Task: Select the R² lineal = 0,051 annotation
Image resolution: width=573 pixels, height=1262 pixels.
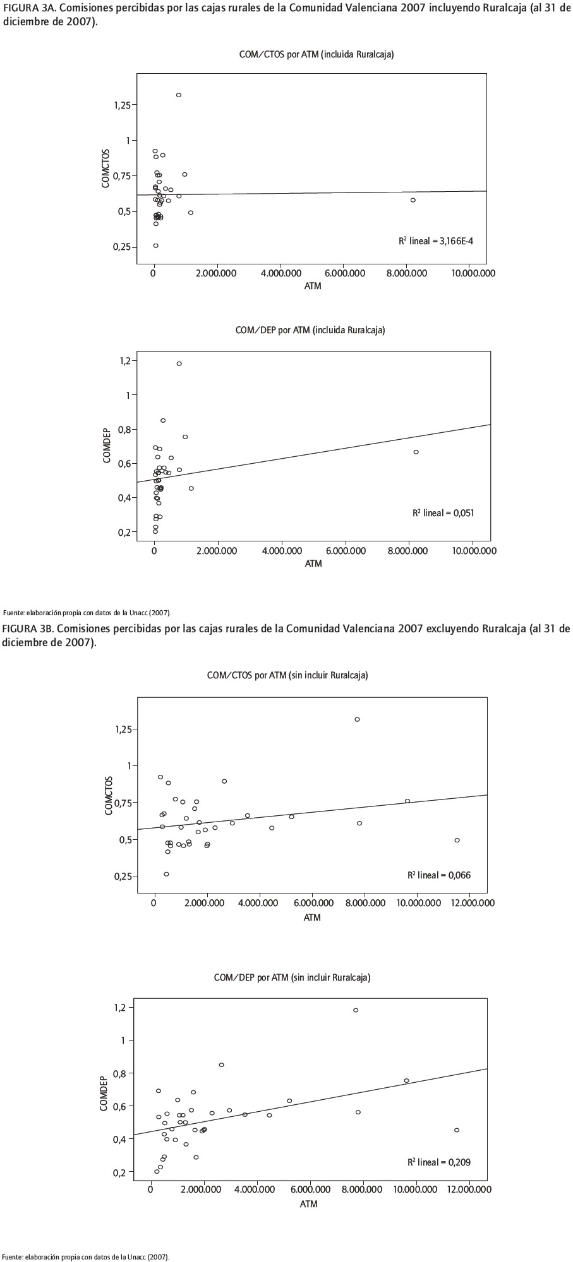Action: pyautogui.click(x=443, y=513)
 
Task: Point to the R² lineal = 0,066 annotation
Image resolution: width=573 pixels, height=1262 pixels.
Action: pyautogui.click(x=439, y=875)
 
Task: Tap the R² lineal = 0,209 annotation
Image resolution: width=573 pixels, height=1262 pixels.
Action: pyautogui.click(x=439, y=1162)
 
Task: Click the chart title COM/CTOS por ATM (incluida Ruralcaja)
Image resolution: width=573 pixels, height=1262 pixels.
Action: pyautogui.click(x=317, y=55)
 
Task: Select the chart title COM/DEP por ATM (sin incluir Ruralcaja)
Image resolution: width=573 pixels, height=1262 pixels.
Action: pyautogui.click(x=292, y=977)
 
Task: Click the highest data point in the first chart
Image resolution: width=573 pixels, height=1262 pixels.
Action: pyautogui.click(x=179, y=95)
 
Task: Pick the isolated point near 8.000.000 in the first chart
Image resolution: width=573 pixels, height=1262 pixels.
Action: pyautogui.click(x=413, y=200)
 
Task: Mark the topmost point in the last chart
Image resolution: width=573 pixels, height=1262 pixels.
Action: pyautogui.click(x=356, y=1010)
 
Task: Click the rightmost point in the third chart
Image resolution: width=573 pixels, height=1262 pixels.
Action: pyautogui.click(x=457, y=840)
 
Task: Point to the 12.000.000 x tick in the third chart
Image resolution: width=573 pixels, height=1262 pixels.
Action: pyautogui.click(x=469, y=903)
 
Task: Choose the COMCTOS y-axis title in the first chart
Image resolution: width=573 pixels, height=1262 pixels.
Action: pyautogui.click(x=106, y=168)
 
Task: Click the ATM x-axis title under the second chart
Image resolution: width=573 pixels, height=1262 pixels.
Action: pyautogui.click(x=313, y=563)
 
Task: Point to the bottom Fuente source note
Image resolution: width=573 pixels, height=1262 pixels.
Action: pyautogui.click(x=86, y=1256)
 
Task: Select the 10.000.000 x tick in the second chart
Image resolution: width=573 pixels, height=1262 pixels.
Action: pyautogui.click(x=472, y=551)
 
